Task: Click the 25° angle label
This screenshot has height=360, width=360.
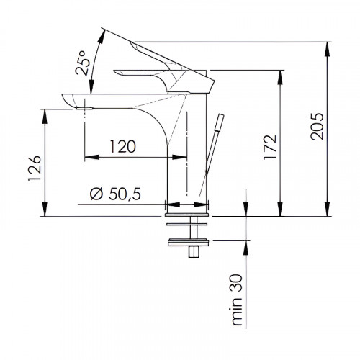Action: (x=83, y=63)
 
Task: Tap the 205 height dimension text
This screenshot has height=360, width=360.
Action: (x=317, y=127)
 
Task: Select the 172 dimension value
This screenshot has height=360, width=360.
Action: (x=270, y=148)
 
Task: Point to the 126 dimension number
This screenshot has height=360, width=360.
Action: (x=35, y=168)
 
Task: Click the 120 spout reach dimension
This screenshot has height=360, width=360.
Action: (x=123, y=146)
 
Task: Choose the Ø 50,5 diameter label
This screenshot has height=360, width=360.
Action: (x=115, y=194)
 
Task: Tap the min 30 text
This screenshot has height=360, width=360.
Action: (x=237, y=300)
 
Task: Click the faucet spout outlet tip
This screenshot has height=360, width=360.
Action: (x=84, y=108)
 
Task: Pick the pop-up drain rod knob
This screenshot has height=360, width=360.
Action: (x=220, y=122)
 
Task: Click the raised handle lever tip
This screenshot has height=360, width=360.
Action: (x=131, y=42)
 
